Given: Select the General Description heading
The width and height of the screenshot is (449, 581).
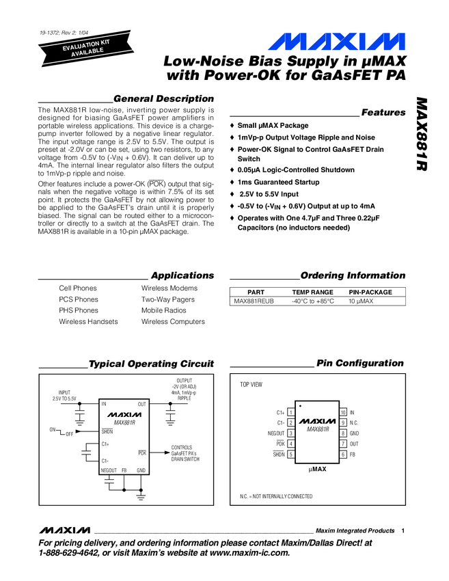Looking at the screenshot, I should [x=163, y=99].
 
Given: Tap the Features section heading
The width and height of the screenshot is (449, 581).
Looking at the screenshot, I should [x=383, y=112].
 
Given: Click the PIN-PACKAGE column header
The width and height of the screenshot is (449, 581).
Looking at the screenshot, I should [x=370, y=292].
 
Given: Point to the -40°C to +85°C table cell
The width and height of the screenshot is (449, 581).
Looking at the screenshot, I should [x=312, y=301].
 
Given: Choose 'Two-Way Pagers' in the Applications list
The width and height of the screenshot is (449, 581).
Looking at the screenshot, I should [x=167, y=299].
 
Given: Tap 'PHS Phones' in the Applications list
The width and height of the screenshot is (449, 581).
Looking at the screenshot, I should [x=79, y=310].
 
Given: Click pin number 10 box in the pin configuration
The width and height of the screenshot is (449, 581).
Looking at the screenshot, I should [x=343, y=413].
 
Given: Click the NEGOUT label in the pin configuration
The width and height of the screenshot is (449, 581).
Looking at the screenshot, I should [x=275, y=433].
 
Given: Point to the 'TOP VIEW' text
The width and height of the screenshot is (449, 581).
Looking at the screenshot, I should [x=251, y=385].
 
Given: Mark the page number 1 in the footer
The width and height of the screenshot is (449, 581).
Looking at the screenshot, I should [x=404, y=531].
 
